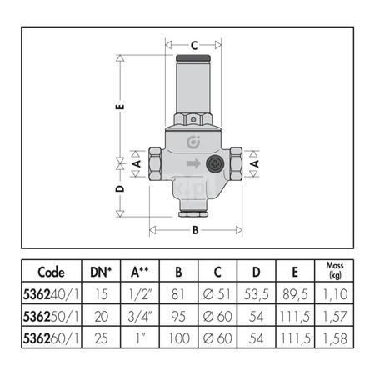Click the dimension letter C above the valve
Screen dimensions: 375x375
pos(194,45)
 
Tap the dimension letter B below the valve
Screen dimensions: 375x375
pos(196,230)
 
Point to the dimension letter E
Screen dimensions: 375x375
pos(120,107)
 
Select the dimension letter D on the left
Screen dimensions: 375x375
pos(120,189)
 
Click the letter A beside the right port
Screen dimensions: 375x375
pos(254,163)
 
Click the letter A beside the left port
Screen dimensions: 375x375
pos(137,163)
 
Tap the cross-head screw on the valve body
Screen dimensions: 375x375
pos(215,164)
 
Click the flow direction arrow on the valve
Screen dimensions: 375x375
pos(193,163)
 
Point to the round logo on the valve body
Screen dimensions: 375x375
pos(193,142)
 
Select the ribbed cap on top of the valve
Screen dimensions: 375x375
pos(193,58)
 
